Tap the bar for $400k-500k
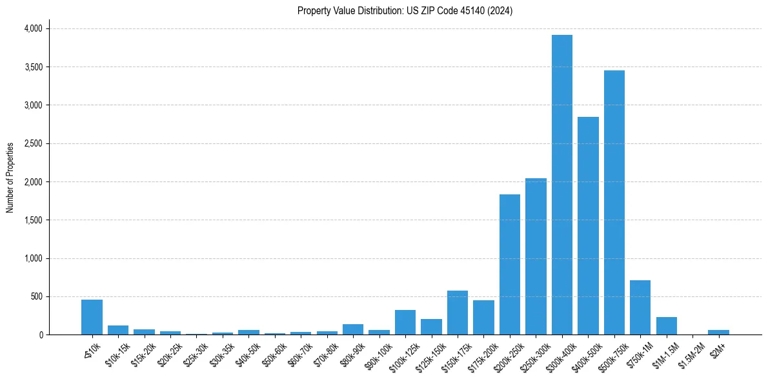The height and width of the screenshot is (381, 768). pyautogui.click(x=588, y=226)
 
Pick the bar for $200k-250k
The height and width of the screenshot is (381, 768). pyautogui.click(x=509, y=265)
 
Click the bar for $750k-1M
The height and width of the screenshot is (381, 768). pyautogui.click(x=640, y=307)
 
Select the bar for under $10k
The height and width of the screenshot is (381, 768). pyautogui.click(x=92, y=317)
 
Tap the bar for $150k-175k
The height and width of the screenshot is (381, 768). pyautogui.click(x=457, y=313)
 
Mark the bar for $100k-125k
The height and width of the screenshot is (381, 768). pyautogui.click(x=405, y=322)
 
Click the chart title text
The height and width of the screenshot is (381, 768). pyautogui.click(x=405, y=11)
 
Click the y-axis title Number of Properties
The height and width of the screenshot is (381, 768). pyautogui.click(x=10, y=178)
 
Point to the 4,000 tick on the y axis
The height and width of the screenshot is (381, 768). pyautogui.click(x=33, y=28)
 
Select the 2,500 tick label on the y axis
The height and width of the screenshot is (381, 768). pyautogui.click(x=33, y=143)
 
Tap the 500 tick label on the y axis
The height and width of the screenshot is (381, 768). pyautogui.click(x=37, y=296)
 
